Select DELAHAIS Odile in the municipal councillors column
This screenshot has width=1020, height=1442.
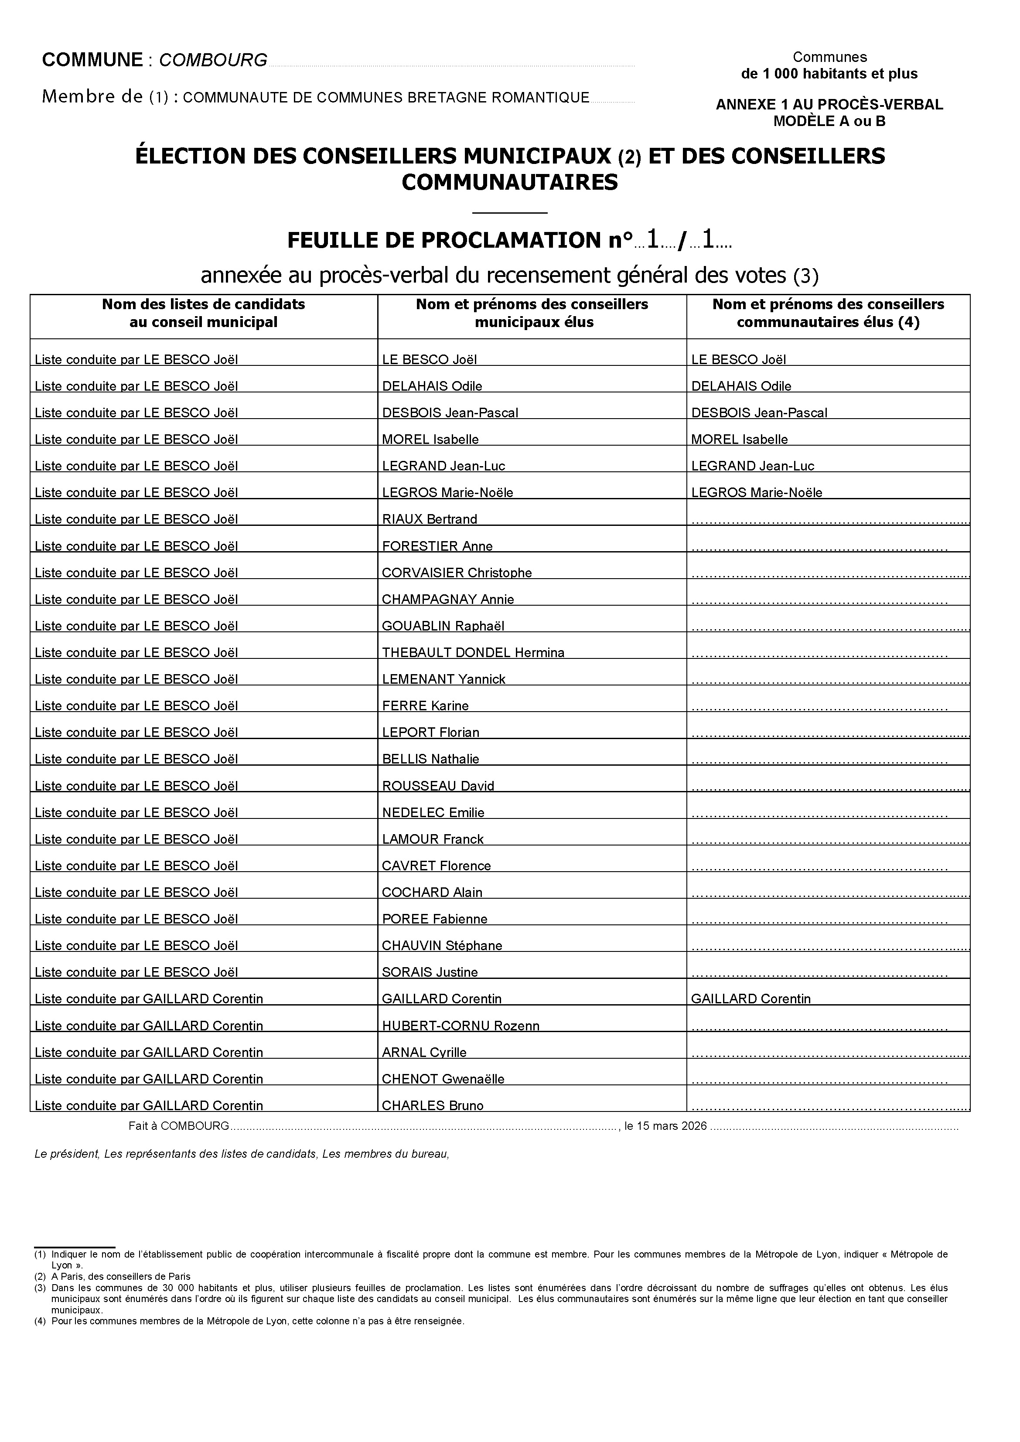432,386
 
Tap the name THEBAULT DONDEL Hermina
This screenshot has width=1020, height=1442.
473,653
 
